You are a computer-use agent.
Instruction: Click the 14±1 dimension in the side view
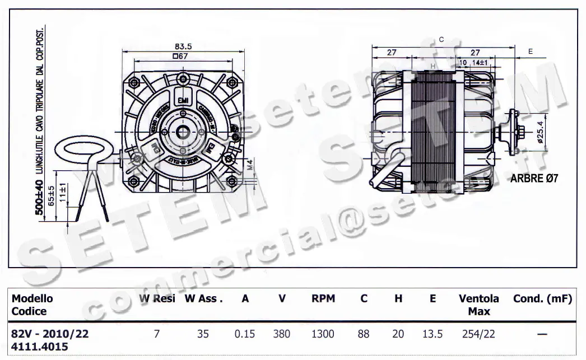pos(480,62)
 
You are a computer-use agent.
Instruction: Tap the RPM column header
pos(323,299)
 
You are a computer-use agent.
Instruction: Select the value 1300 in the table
pos(323,334)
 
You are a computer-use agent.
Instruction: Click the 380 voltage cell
pos(281,334)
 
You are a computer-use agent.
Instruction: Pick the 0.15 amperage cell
pos(245,334)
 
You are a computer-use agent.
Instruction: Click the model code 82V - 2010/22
pos(50,334)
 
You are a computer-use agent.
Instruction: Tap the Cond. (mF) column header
pos(542,299)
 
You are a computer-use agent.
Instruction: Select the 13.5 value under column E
pos(432,334)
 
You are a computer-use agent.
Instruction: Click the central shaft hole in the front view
pos(184,132)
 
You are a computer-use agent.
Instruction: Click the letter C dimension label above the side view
pos(441,39)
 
